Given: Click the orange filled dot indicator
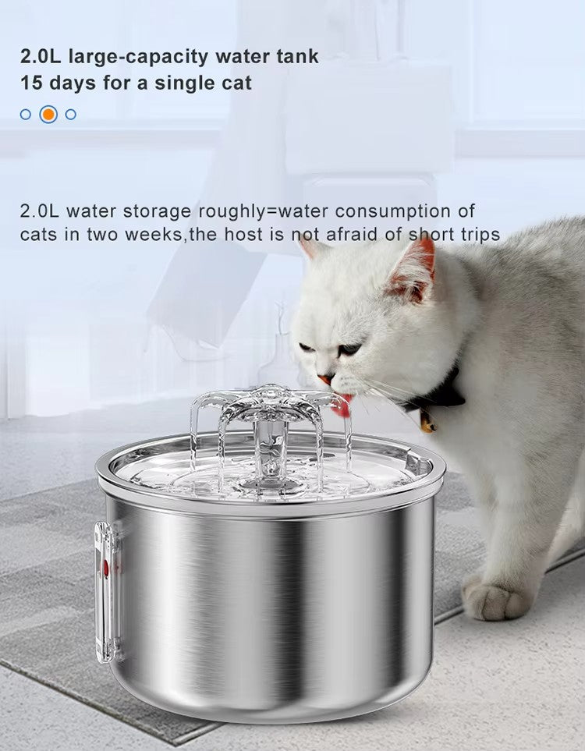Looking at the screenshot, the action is pyautogui.click(x=48, y=114).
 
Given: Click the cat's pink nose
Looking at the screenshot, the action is pyautogui.click(x=325, y=379).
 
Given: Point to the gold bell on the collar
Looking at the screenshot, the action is pyautogui.click(x=427, y=423).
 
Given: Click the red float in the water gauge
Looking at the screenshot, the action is pyautogui.click(x=106, y=568).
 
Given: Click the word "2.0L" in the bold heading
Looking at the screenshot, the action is pyautogui.click(x=41, y=56).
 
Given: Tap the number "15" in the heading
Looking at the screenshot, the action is pyautogui.click(x=31, y=83).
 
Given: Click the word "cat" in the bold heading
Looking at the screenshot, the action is pyautogui.click(x=236, y=83).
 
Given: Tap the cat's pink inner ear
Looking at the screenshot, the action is pyautogui.click(x=415, y=271).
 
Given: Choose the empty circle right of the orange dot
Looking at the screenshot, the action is pyautogui.click(x=71, y=114).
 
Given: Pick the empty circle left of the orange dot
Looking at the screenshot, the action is pyautogui.click(x=26, y=114).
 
